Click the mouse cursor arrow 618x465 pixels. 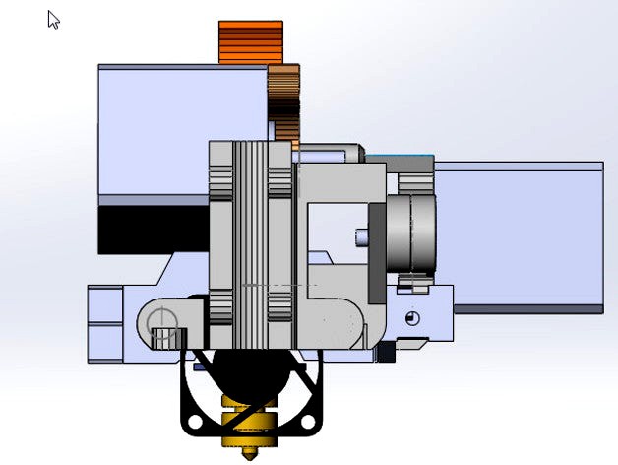[53, 19]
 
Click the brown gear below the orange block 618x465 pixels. [285, 103]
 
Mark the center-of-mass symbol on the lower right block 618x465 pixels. [411, 317]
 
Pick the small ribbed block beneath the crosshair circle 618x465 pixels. [163, 340]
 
